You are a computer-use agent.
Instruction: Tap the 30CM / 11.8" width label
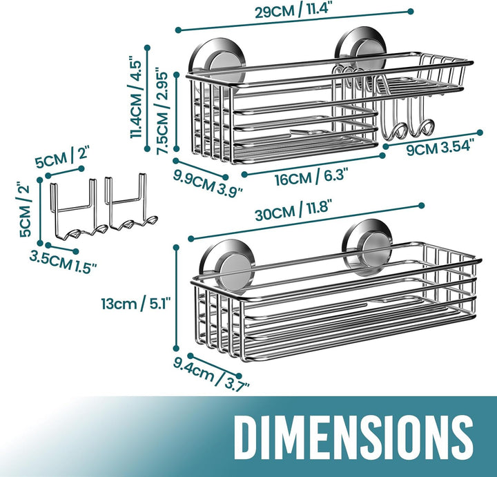pos(293,210)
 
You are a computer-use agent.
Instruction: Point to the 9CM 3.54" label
pos(440,147)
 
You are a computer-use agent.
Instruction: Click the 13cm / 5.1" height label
pos(136,304)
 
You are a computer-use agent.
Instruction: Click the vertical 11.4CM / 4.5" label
pos(135,97)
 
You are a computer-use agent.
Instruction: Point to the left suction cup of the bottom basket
pos(228,266)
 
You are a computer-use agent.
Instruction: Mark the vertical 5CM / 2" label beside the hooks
pos(25,210)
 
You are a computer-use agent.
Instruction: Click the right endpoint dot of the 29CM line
pos(411,12)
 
